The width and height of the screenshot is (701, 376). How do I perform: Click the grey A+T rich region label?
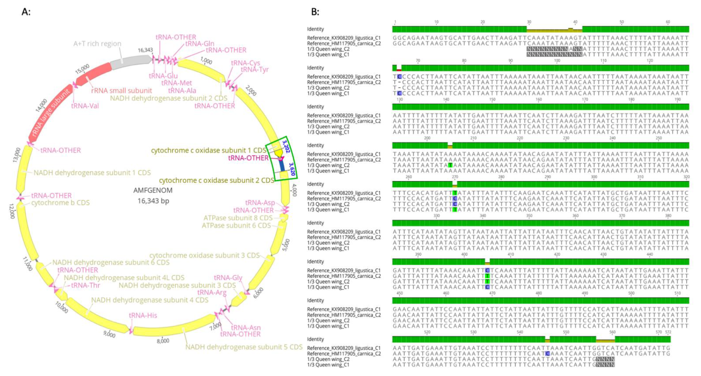97,44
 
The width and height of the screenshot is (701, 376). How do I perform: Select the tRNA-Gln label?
200,44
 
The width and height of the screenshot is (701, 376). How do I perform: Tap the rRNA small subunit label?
121,90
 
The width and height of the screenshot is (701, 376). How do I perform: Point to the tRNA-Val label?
85,106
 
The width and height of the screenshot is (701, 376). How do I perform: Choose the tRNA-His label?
143,315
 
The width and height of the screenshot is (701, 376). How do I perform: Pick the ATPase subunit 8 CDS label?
238,218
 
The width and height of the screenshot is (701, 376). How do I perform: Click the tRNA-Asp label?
260,203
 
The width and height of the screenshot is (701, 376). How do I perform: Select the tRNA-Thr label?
86,285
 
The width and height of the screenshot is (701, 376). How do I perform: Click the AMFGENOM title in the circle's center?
153,190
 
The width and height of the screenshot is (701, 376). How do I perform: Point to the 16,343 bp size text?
153,201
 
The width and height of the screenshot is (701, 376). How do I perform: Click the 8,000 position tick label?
163,341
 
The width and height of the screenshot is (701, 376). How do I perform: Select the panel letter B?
315,12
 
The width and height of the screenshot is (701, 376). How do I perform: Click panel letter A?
26,12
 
